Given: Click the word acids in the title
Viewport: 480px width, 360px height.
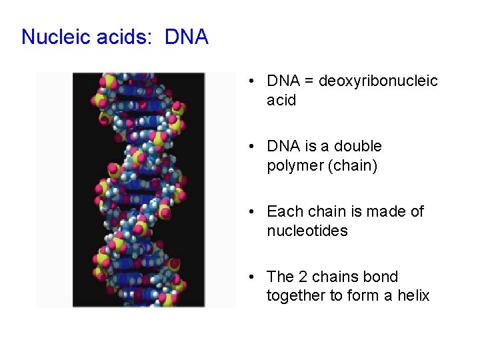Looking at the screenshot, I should click(124, 37).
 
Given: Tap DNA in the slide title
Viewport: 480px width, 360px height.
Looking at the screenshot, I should click(186, 37).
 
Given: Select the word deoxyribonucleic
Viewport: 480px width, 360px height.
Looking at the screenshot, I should click(378, 81).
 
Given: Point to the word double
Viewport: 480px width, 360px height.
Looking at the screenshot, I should click(358, 146).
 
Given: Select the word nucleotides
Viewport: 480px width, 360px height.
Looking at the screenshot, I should click(307, 231).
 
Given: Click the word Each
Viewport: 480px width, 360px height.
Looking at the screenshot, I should click(283, 211).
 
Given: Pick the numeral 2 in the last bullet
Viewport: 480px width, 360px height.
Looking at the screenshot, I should click(301, 277).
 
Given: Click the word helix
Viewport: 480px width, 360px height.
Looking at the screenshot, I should click(414, 295).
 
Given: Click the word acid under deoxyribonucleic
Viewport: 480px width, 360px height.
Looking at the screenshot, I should click(281, 100).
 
